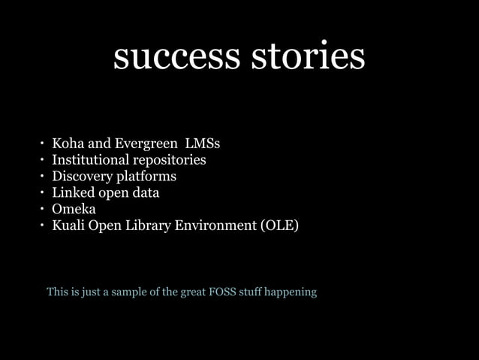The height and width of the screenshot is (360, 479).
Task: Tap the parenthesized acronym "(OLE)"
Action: coord(279,225)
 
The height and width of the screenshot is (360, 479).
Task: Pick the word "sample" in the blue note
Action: coord(132,292)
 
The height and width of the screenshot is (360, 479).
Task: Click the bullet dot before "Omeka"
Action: coord(44,209)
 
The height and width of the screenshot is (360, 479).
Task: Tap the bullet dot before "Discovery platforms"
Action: coord(44,177)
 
